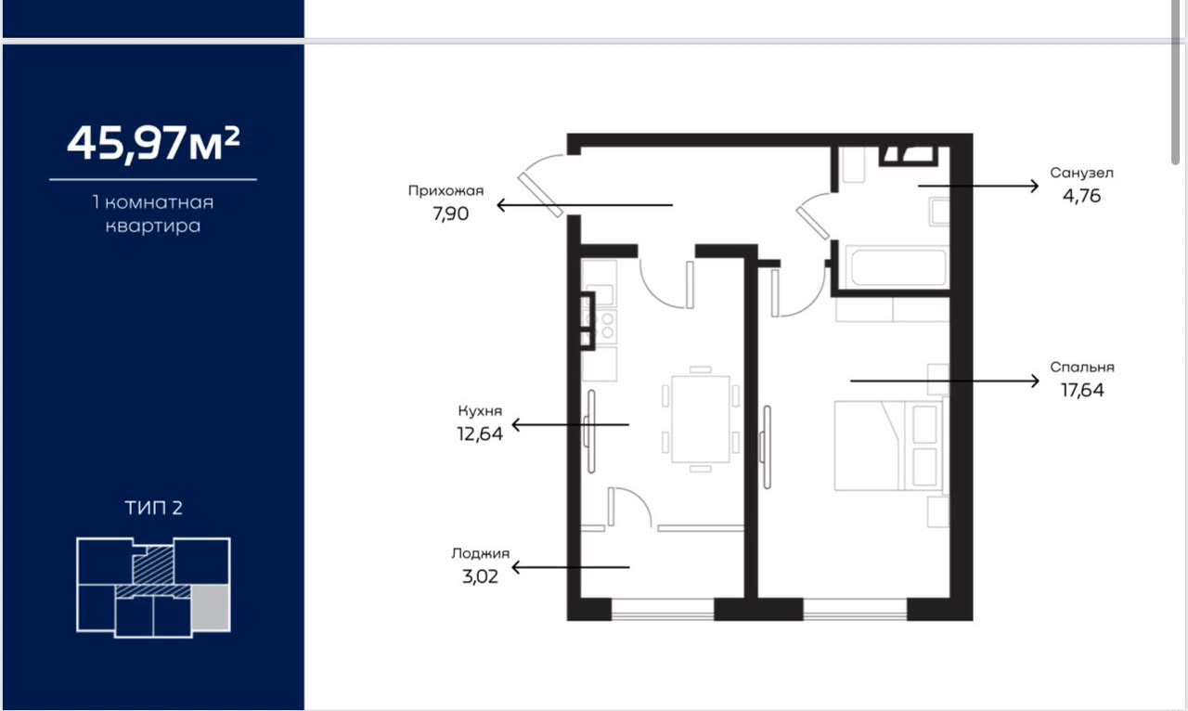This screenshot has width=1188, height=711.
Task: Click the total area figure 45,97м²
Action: pyautogui.click(x=153, y=143)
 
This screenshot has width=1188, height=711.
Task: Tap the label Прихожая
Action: pyautogui.click(x=445, y=191)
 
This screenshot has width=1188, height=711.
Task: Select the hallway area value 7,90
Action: pyautogui.click(x=451, y=213)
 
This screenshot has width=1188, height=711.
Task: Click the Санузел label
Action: pyautogui.click(x=1081, y=173)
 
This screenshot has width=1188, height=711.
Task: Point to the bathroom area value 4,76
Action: pyautogui.click(x=1082, y=197)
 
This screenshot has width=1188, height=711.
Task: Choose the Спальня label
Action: pyautogui.click(x=1082, y=368)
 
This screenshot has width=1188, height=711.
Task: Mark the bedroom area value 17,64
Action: pyautogui.click(x=1082, y=391)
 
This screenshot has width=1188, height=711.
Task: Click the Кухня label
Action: pyautogui.click(x=480, y=411)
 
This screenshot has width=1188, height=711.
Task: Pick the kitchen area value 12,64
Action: pyautogui.click(x=480, y=434)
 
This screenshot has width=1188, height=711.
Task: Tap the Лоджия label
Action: pyautogui.click(x=481, y=554)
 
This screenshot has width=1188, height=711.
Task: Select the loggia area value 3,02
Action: pyautogui.click(x=481, y=576)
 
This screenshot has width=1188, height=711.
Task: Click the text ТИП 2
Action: pyautogui.click(x=154, y=509)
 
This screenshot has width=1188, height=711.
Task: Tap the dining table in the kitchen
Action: pyautogui.click(x=701, y=420)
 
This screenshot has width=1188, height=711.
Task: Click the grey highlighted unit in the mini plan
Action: pyautogui.click(x=211, y=608)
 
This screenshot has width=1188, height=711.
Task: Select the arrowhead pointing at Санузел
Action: pyautogui.click(x=1034, y=187)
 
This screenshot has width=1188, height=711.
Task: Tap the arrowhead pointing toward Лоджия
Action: pyautogui.click(x=516, y=567)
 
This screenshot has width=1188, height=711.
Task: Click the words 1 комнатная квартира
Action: pyautogui.click(x=153, y=214)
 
